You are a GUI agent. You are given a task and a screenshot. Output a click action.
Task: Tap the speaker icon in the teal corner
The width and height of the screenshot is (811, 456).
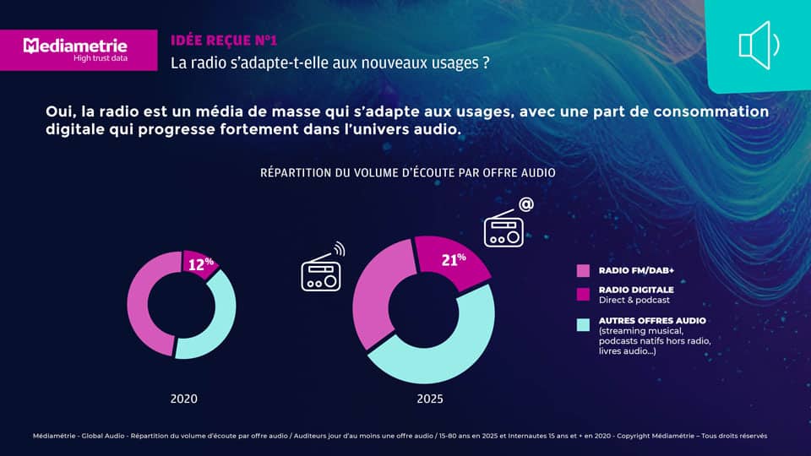tap(758, 45)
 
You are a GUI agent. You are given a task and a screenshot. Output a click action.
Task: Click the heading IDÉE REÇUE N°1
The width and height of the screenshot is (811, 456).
tap(223, 40)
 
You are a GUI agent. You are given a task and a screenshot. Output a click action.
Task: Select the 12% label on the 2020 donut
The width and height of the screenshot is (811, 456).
tap(200, 264)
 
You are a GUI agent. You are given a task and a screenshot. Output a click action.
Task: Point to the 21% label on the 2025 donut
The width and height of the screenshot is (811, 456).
tap(454, 260)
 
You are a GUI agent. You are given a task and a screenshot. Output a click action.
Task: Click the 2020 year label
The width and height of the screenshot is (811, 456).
tap(183, 398)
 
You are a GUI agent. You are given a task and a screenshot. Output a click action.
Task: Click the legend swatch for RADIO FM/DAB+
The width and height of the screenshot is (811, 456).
tap(583, 271)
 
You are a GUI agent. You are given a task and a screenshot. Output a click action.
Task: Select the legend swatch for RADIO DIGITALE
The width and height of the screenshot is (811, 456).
tap(583, 294)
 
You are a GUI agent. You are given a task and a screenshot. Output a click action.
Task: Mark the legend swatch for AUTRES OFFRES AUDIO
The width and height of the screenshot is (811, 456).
tap(583, 324)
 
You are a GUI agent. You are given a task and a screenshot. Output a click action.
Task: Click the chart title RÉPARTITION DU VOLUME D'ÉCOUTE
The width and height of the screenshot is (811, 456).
tap(407, 172)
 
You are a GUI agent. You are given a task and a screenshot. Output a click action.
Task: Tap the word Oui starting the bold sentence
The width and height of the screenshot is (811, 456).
tap(60, 112)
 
